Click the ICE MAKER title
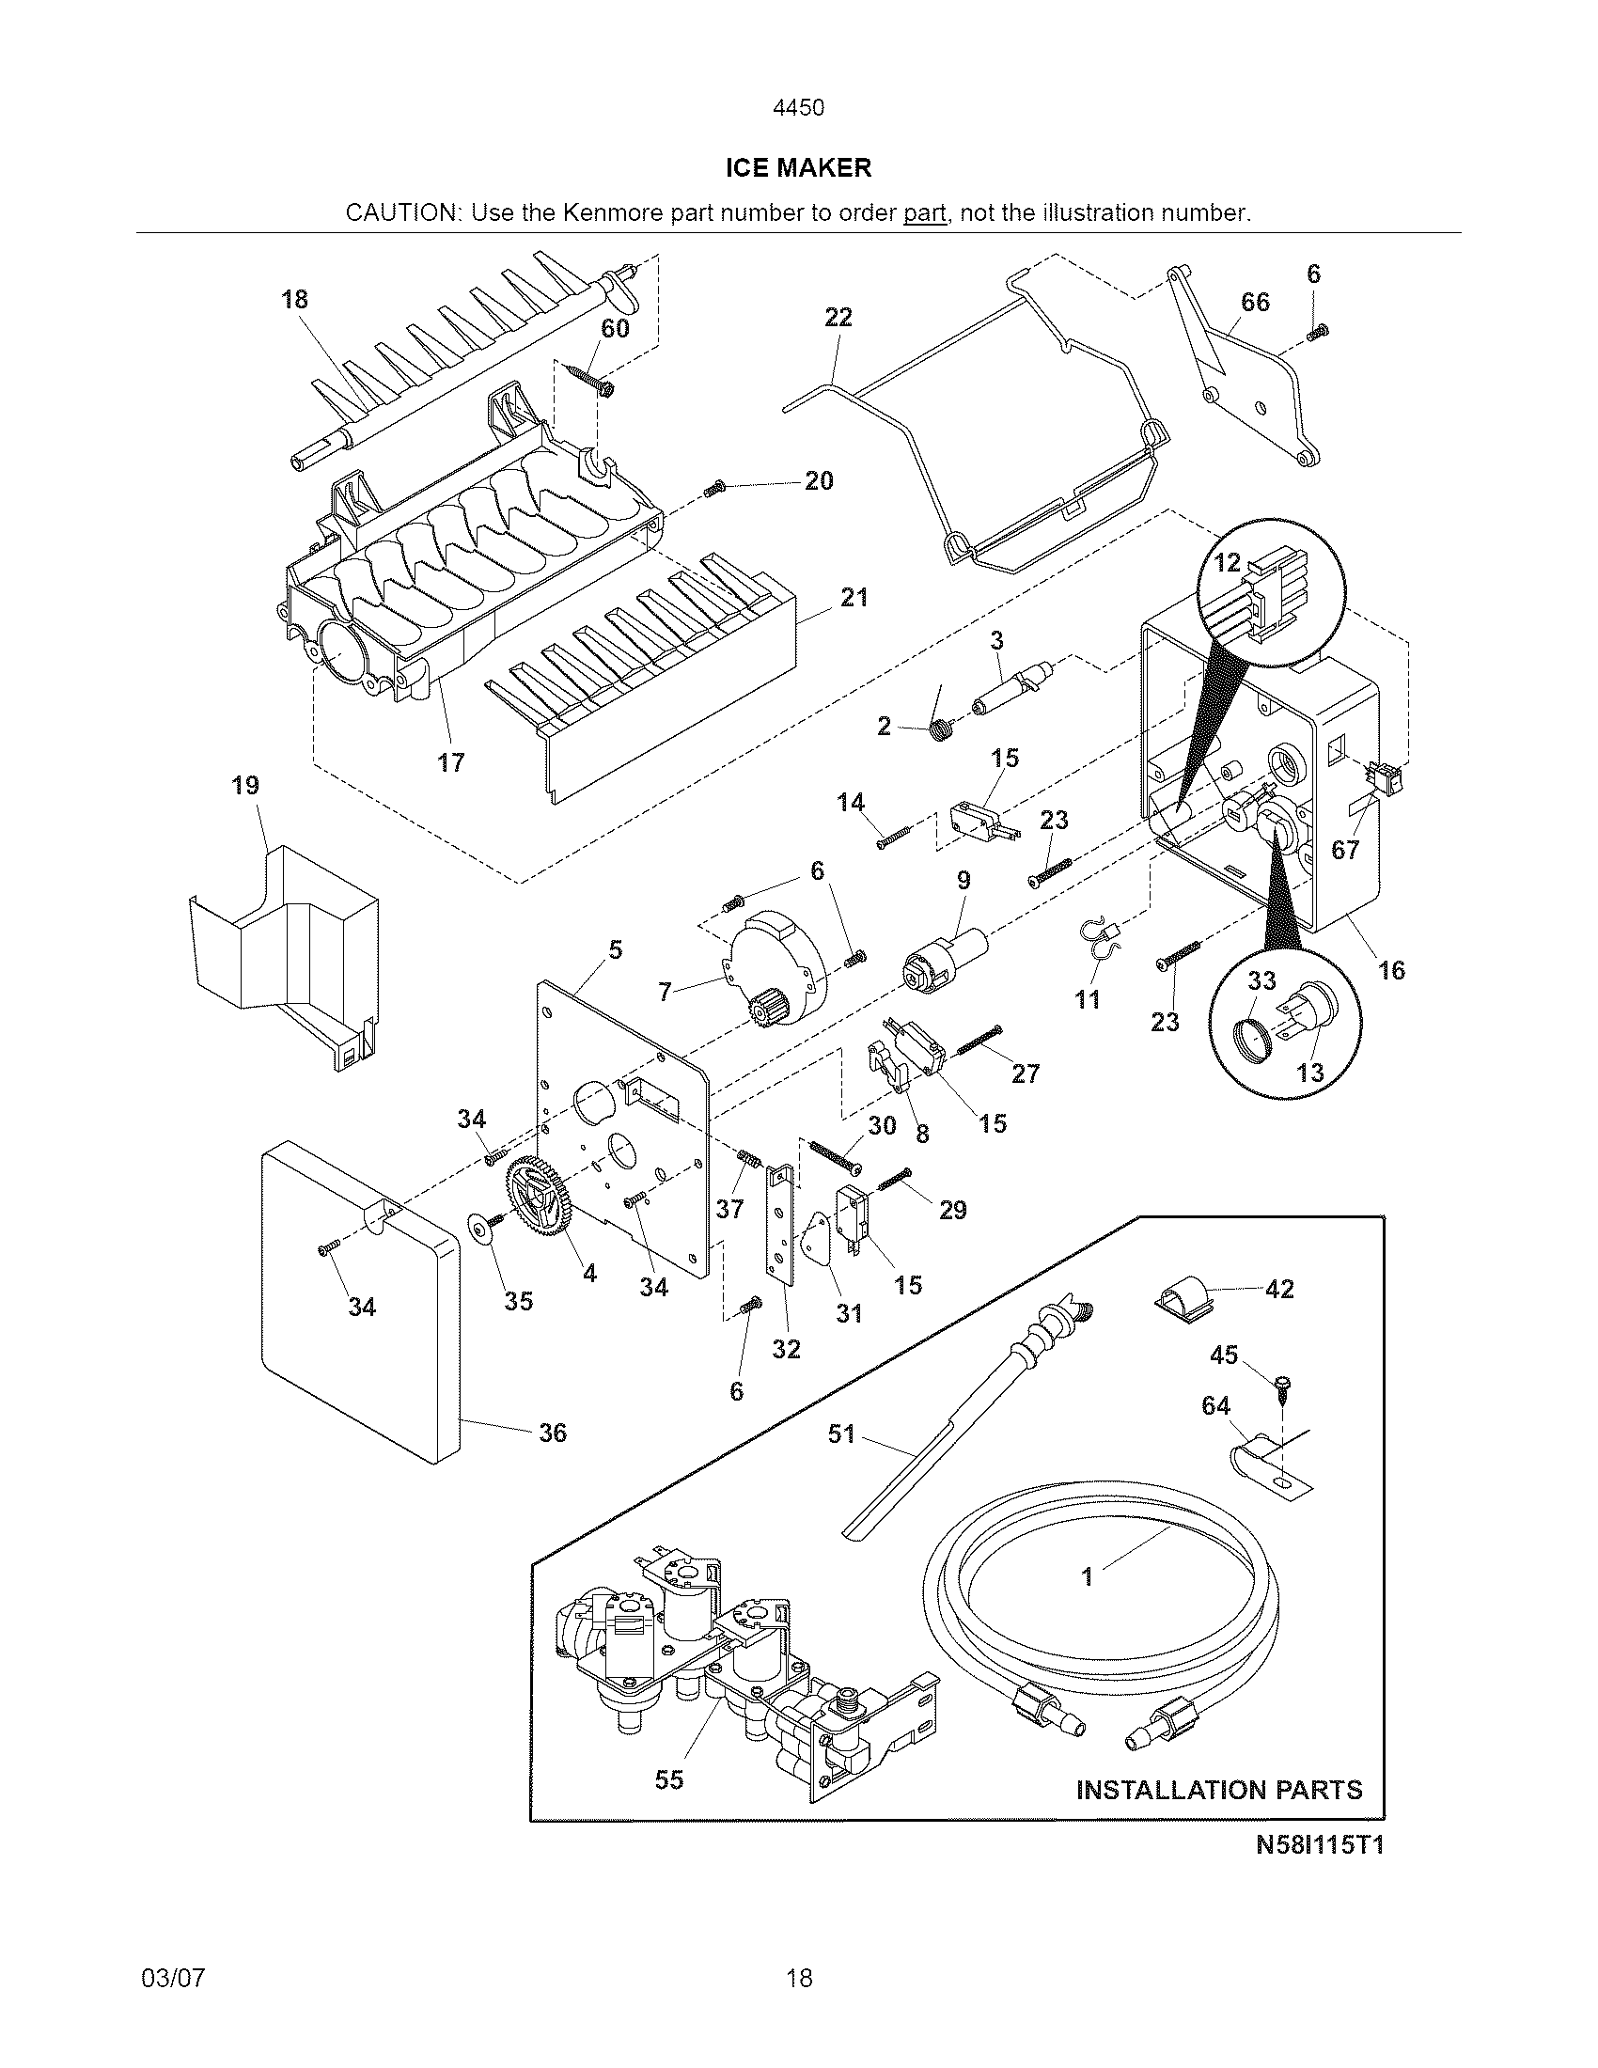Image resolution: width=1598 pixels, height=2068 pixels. tap(798, 167)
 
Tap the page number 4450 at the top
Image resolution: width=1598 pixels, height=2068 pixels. tap(798, 108)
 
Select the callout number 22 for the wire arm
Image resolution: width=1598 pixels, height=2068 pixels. tap(838, 317)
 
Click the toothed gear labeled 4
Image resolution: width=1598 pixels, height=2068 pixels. tap(540, 1197)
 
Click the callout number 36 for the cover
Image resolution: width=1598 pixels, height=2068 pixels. tap(553, 1433)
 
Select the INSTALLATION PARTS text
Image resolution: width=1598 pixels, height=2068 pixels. tap(1219, 1790)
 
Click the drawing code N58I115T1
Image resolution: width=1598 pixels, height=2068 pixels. tap(1319, 1844)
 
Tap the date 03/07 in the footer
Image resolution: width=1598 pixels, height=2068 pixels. tap(172, 1978)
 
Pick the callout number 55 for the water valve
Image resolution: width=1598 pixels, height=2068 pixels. tap(669, 1780)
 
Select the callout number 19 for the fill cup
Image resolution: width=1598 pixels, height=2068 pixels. tap(245, 785)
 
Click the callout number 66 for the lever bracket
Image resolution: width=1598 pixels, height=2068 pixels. tap(1255, 302)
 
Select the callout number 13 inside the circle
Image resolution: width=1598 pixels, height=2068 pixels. tap(1310, 1073)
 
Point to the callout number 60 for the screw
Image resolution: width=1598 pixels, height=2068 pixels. tap(616, 329)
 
